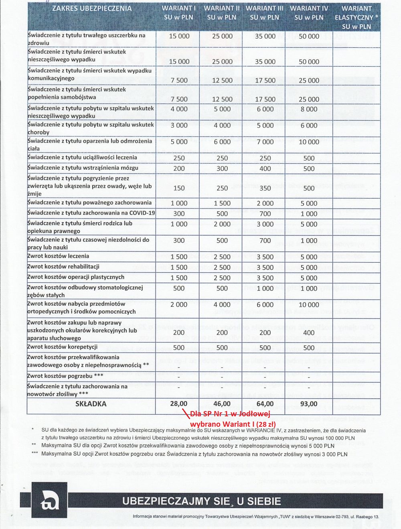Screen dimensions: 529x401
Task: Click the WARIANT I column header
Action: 178,13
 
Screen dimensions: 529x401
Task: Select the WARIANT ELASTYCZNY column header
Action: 356,17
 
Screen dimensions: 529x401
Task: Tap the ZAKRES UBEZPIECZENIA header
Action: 92,8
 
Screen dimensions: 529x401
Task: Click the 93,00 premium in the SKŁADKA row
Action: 308,404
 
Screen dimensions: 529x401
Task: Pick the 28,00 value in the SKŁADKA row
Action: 179,404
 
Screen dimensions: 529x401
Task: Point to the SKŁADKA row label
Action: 91,404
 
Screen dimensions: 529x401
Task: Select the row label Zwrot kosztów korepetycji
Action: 63,347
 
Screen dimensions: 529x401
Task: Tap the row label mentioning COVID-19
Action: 91,213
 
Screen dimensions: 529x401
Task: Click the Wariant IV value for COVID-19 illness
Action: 309,214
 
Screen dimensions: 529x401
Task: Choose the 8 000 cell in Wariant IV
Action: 309,109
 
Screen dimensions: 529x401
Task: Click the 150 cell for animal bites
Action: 179,188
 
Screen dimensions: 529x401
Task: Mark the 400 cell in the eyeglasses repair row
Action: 309,332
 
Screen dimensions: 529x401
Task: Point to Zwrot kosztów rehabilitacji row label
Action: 63,267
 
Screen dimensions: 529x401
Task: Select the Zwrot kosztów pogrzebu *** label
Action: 65,376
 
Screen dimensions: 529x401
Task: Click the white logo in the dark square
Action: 49,500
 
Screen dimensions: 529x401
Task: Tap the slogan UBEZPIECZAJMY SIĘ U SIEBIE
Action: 202,501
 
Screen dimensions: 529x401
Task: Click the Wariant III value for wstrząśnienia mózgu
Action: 265,169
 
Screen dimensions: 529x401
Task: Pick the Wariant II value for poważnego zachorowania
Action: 222,203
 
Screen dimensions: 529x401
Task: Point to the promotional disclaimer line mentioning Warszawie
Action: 256,517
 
